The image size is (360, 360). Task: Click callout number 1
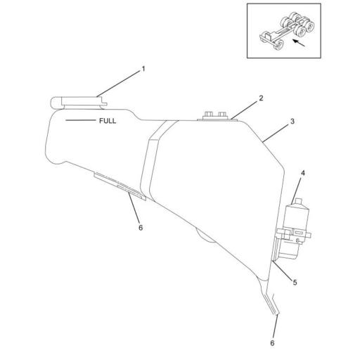pyautogui.click(x=143, y=69)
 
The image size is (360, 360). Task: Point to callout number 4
pyautogui.click(x=303, y=172)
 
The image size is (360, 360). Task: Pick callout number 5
pyautogui.click(x=295, y=282)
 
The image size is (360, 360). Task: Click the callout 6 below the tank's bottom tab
pyautogui.click(x=272, y=343)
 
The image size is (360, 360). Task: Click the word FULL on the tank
pyautogui.click(x=107, y=121)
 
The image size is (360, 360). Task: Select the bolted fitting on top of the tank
pyautogui.click(x=214, y=115)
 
